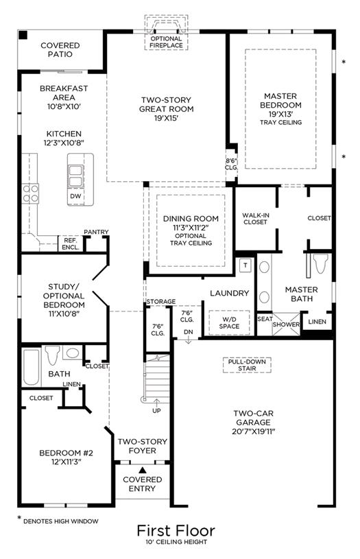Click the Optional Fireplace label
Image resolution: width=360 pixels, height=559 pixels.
[166, 42]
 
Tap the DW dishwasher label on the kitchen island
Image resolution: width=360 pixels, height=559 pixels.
[75, 196]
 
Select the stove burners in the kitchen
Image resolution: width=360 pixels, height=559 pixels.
[30, 193]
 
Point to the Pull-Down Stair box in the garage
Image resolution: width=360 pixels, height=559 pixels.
[247, 365]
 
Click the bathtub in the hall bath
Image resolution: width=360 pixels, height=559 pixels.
[32, 367]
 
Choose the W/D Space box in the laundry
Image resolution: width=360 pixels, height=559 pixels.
[229, 322]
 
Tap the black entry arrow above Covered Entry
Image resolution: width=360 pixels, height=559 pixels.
[143, 470]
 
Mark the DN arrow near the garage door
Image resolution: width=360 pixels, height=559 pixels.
[188, 340]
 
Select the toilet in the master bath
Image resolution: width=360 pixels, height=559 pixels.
[321, 264]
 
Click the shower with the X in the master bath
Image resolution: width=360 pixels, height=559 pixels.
[286, 324]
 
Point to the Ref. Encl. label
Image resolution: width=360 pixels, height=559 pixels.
[71, 244]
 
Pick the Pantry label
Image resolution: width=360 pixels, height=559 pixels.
[96, 232]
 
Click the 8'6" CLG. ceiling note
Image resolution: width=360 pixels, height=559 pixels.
[231, 164]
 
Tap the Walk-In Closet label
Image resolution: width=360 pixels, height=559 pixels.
[255, 219]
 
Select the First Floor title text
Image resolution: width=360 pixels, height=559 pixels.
[176, 530]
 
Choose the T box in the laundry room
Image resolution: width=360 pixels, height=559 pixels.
[245, 265]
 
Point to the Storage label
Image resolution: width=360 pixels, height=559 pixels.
[160, 302]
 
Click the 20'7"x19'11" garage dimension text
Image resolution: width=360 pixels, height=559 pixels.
[254, 431]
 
